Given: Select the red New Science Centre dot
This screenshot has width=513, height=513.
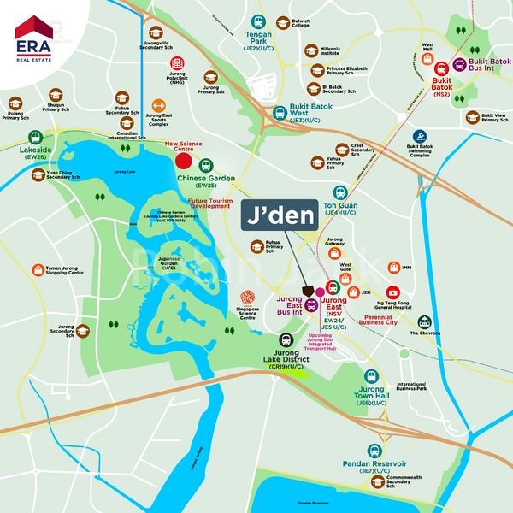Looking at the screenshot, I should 182,162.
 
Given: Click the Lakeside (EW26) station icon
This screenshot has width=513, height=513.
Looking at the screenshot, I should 36,137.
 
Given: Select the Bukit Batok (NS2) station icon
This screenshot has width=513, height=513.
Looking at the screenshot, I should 442,69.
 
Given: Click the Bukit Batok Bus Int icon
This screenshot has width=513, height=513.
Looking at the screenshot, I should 459,62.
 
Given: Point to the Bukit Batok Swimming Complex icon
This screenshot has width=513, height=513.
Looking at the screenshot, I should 419,137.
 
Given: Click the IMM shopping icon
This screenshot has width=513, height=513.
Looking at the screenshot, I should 394,268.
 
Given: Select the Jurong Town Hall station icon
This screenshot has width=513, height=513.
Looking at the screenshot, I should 372,376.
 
